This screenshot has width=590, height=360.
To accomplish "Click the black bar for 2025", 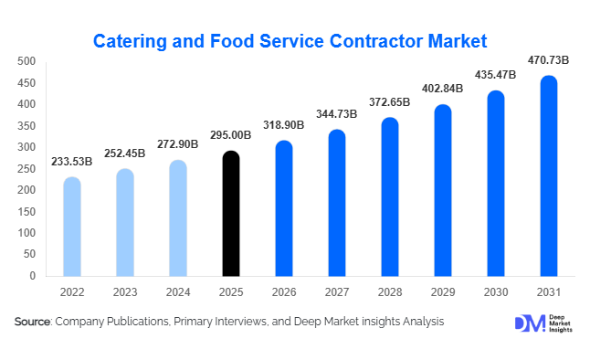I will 231,214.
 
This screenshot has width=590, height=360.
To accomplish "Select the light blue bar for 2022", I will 72,227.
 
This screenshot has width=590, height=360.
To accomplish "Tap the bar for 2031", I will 548,175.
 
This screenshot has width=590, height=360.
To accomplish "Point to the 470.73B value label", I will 548,61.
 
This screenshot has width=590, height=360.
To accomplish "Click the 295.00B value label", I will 231,137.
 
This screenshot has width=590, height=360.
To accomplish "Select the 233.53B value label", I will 72,162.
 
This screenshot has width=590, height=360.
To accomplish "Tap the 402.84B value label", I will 443,90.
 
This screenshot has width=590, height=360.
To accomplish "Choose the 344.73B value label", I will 337,114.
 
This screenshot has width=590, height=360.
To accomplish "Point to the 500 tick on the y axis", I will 26,61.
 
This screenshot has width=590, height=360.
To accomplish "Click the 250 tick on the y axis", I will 26,168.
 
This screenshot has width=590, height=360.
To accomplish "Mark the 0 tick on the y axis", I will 32,276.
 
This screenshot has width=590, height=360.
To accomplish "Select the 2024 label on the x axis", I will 178,292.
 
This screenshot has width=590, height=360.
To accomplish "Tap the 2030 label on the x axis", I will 495,292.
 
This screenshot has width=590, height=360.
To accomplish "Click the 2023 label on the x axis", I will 125,292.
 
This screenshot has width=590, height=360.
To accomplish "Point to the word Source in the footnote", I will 32,322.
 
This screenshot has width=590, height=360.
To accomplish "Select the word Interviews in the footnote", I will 246,322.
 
